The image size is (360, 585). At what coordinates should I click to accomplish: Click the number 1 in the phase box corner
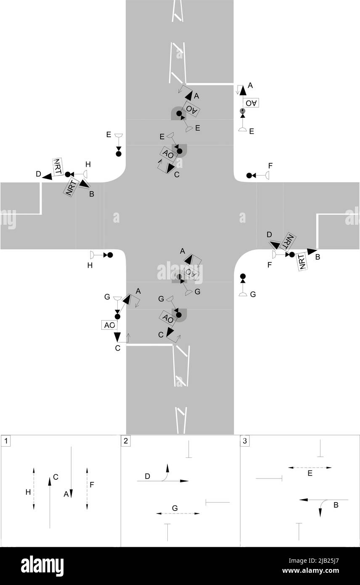(5, 441)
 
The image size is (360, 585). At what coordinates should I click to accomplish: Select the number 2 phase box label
(126, 441)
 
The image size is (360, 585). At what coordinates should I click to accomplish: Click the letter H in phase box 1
(28, 492)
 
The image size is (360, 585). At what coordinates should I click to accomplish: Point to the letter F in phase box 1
(92, 484)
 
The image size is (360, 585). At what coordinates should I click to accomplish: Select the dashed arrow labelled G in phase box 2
(177, 513)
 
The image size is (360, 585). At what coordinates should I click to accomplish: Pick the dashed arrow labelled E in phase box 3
(310, 468)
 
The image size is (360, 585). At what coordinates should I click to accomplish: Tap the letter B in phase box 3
(336, 505)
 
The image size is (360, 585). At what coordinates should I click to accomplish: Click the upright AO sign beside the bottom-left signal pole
(110, 325)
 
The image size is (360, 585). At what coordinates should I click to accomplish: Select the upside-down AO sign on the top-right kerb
(251, 103)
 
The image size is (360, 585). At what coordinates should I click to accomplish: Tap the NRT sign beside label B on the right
(301, 261)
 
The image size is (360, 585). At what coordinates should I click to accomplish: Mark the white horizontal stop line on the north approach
(209, 83)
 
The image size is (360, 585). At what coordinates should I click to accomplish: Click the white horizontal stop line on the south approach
(149, 345)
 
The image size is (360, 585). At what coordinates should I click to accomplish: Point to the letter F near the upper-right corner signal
(270, 165)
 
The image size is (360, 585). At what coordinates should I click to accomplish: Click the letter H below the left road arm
(89, 265)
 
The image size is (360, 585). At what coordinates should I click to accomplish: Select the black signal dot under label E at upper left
(119, 154)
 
